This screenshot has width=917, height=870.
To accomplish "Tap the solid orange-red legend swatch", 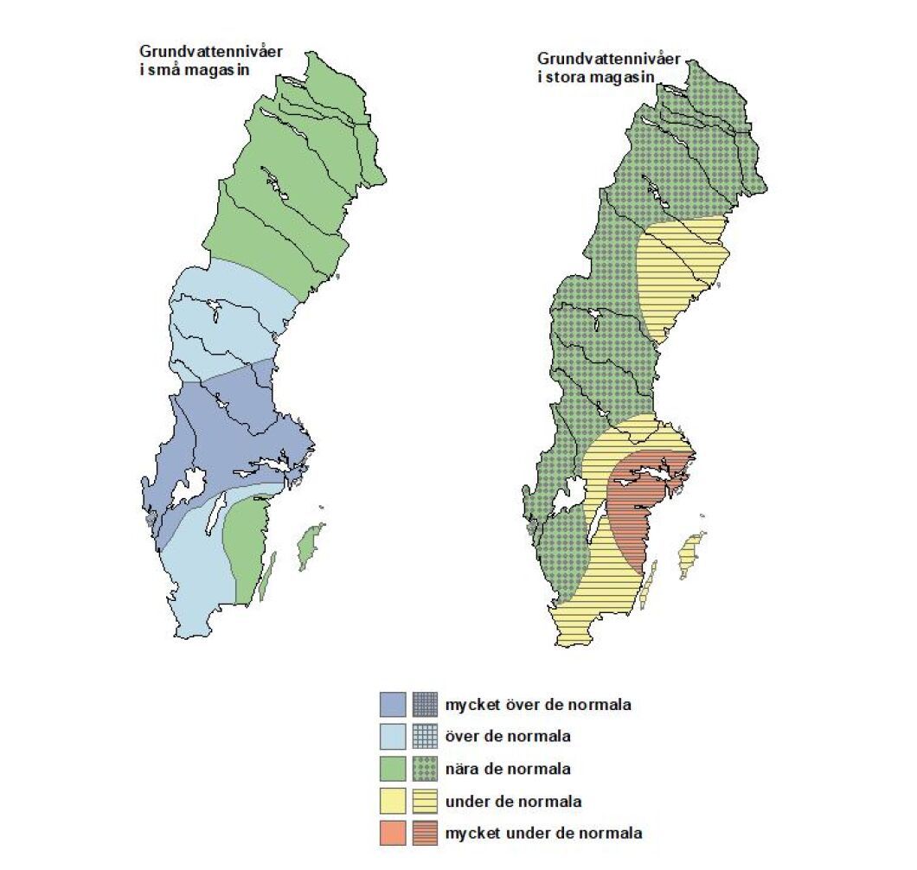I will [393, 834].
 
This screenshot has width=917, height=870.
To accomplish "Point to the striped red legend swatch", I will [426, 834].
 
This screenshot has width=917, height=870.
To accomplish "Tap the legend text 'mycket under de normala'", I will [543, 834].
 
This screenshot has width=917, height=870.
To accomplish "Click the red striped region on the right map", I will [640, 510].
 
